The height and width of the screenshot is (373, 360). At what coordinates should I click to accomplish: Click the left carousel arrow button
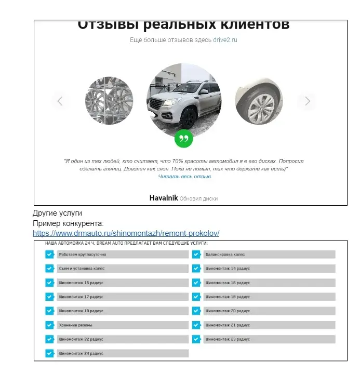point(60,101)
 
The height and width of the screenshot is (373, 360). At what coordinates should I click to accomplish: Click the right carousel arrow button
point(308,101)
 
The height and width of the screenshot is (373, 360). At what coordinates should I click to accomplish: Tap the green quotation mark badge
point(183,138)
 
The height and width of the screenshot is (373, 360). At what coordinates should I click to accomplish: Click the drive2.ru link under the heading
point(224,40)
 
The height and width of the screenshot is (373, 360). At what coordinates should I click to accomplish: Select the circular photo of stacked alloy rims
point(109,101)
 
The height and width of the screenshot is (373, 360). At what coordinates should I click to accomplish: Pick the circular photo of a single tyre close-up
point(259,101)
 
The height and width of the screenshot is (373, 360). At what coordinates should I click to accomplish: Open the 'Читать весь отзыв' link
point(184,177)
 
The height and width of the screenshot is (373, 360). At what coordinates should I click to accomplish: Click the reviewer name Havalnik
point(164,198)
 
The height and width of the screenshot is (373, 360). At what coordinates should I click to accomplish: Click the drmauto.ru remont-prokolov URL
point(126,233)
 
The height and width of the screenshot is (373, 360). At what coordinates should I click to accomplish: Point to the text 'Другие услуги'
point(57,213)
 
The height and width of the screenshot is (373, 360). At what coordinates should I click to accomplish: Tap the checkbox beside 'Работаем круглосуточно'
point(49,255)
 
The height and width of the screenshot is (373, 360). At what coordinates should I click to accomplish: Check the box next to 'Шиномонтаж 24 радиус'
point(49,353)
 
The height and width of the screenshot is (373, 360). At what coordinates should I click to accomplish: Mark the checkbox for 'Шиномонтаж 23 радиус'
point(196,339)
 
